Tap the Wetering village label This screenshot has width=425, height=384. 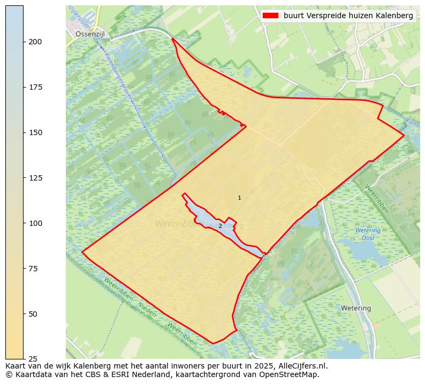(356, 308)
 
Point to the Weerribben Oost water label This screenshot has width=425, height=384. (368, 234)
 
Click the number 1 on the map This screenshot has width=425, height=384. (239, 198)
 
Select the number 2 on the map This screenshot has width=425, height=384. (220, 226)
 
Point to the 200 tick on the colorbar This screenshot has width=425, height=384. (35, 42)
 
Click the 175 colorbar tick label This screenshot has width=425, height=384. (35, 87)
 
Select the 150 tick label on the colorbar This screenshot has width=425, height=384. (35, 132)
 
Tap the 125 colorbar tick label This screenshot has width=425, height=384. (35, 178)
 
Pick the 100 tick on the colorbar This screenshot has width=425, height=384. (35, 223)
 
